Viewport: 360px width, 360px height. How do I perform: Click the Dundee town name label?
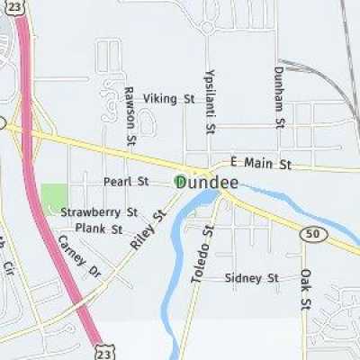(x=209, y=182)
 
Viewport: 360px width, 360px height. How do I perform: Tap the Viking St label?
(x=169, y=97)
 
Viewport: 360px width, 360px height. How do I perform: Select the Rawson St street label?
(x=130, y=116)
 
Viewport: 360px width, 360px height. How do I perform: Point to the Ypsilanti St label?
(x=210, y=101)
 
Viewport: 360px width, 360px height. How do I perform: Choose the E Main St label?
(x=261, y=164)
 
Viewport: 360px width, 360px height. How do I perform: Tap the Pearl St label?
(x=125, y=181)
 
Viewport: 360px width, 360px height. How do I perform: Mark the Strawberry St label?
(x=99, y=212)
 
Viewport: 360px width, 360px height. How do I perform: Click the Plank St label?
(x=99, y=229)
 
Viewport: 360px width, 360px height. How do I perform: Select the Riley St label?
(x=149, y=230)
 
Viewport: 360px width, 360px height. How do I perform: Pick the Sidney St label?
(x=252, y=278)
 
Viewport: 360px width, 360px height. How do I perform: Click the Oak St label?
(x=306, y=287)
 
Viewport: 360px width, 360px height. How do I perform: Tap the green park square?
(x=54, y=197)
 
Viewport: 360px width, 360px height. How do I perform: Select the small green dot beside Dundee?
(x=176, y=182)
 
